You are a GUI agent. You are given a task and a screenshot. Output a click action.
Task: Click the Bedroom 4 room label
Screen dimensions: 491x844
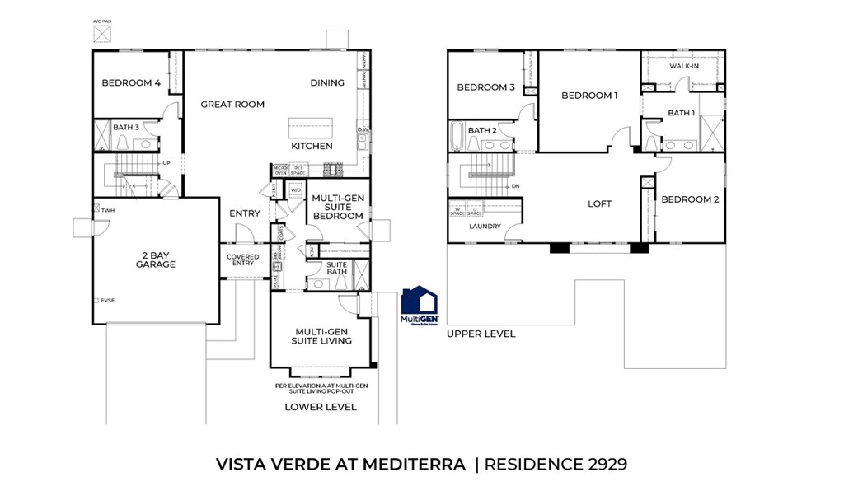click(131, 83)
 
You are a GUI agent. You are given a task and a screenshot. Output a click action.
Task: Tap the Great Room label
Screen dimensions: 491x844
click(232, 105)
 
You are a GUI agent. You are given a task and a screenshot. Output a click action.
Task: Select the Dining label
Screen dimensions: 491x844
click(327, 83)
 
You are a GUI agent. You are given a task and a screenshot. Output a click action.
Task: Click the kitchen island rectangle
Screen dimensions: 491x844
click(312, 129)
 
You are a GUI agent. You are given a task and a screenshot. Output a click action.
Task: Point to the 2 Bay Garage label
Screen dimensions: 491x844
click(156, 260)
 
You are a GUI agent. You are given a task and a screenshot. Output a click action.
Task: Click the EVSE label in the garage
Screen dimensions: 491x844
click(107, 301)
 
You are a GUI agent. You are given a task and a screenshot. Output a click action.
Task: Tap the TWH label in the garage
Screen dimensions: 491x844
click(108, 211)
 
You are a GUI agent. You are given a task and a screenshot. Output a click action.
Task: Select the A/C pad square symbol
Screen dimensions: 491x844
click(103, 35)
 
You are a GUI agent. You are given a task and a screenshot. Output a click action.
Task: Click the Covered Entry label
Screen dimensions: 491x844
click(243, 260)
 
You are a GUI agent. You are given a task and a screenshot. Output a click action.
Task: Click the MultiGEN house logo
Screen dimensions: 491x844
click(419, 306)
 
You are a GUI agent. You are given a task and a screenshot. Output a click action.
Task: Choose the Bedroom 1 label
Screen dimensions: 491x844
click(589, 96)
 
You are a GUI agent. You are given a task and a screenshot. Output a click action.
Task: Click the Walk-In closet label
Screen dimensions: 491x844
click(683, 66)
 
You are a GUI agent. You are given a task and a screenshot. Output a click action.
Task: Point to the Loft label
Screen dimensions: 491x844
click(599, 204)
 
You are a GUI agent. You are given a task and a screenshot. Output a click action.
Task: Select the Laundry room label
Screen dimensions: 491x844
click(485, 227)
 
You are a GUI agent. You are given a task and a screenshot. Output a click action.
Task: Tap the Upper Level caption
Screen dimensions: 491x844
click(481, 334)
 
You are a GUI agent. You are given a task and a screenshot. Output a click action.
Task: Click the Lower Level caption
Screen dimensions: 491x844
click(321, 407)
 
